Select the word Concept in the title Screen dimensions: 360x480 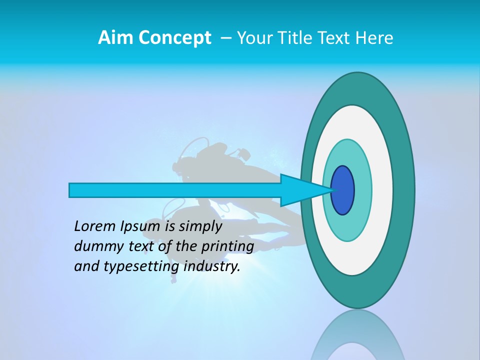tap(175, 38)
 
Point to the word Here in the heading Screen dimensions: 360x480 tap(374, 38)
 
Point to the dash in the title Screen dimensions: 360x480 tap(226, 38)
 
